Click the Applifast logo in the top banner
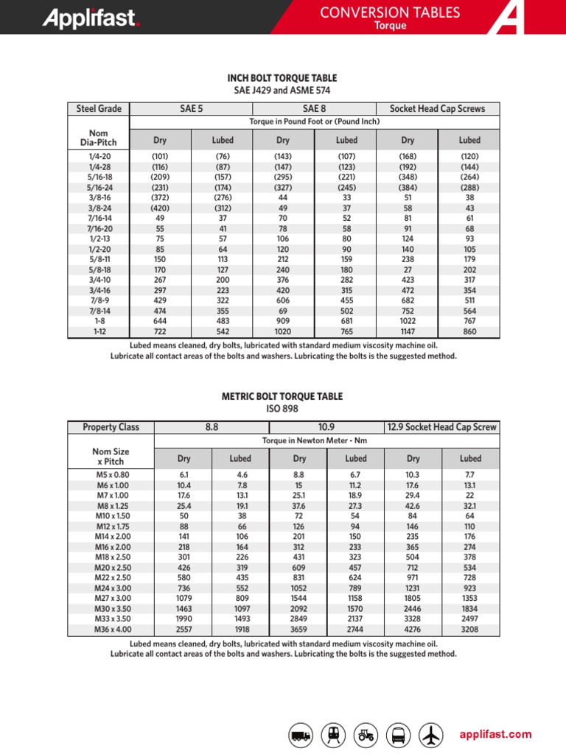point(91,18)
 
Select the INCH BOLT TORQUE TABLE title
point(282,78)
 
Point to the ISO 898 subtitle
point(282,409)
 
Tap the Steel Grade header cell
point(99,109)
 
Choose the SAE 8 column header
point(315,109)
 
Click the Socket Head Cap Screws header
point(438,109)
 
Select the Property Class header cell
point(111,427)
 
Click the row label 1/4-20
point(99,156)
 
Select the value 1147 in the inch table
point(408,332)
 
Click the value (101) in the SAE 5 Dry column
point(160,156)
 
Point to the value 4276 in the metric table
point(413,630)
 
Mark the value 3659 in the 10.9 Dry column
point(298,630)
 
